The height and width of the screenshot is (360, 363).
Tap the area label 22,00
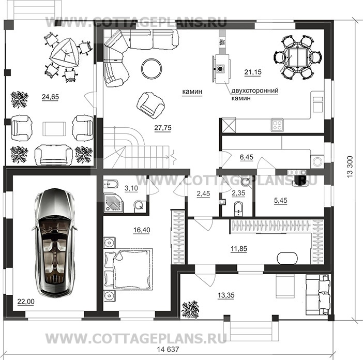point(26,302)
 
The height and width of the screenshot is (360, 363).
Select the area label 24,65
point(50,97)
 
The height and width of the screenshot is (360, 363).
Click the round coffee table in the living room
point(152,68)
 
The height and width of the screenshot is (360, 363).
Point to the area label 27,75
point(163,128)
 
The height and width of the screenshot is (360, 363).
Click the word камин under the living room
point(192,92)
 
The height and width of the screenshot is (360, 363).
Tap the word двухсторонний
point(255,91)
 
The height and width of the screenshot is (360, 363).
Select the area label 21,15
point(253,72)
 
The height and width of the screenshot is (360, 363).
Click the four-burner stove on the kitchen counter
point(277,125)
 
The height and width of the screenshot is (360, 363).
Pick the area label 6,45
point(247,157)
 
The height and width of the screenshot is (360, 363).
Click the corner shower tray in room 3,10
point(113,203)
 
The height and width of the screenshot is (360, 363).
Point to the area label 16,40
point(142,230)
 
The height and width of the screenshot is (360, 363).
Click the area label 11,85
point(239,249)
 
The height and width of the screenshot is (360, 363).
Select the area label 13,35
point(226,295)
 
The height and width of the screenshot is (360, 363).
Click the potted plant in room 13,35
point(190,309)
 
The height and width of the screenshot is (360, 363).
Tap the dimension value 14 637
point(168,349)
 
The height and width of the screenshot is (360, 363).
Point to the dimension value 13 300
point(350,167)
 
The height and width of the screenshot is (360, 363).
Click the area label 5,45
point(281,201)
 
